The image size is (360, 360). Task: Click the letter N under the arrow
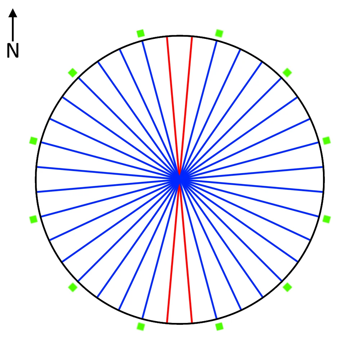click(13, 51)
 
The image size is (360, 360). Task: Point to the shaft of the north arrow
click(13, 29)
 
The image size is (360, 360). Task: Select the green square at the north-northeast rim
click(219, 33)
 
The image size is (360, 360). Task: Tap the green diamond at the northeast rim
click(287, 72)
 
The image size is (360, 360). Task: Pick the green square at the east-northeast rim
click(327, 140)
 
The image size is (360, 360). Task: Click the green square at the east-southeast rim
click(327, 219)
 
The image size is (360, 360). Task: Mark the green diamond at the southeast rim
click(287, 287)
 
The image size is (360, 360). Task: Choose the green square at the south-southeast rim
click(219, 327)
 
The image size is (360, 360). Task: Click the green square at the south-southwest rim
click(140, 327)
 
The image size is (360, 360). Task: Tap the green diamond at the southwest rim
click(73, 287)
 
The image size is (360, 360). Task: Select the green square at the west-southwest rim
click(33, 219)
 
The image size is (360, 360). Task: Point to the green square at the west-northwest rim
click(33, 140)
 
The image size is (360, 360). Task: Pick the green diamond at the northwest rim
click(73, 73)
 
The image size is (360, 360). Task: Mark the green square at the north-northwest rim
click(140, 33)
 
